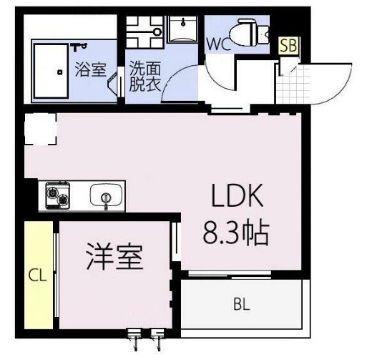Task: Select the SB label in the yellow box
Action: [x=289, y=46]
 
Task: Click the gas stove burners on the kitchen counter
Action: [x=57, y=194]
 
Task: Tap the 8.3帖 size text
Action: [x=236, y=232]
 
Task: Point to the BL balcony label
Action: [x=240, y=305]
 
